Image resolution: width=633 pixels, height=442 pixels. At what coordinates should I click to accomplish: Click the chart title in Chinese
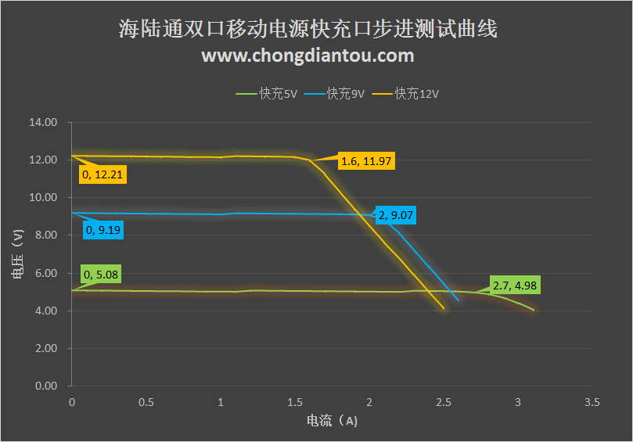[x=308, y=31]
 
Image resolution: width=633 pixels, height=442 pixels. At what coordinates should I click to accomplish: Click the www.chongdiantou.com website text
[x=308, y=56]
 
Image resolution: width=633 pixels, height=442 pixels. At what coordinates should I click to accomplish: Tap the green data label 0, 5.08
[x=101, y=275]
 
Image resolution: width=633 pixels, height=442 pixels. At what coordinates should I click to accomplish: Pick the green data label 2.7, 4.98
[x=516, y=285]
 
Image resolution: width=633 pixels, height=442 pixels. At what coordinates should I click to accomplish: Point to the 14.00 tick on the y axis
[x=43, y=123]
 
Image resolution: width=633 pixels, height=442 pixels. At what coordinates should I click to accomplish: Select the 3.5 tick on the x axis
[x=592, y=402]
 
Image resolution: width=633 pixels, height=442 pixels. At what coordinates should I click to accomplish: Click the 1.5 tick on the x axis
[x=295, y=402]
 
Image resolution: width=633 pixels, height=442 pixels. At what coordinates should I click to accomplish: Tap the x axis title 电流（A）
[x=332, y=421]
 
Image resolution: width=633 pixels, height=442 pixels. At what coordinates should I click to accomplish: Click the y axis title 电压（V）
[x=17, y=254]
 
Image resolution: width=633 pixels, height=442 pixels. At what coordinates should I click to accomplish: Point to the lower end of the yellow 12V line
[x=444, y=309]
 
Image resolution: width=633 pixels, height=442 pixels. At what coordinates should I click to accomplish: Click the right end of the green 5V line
[x=534, y=311]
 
